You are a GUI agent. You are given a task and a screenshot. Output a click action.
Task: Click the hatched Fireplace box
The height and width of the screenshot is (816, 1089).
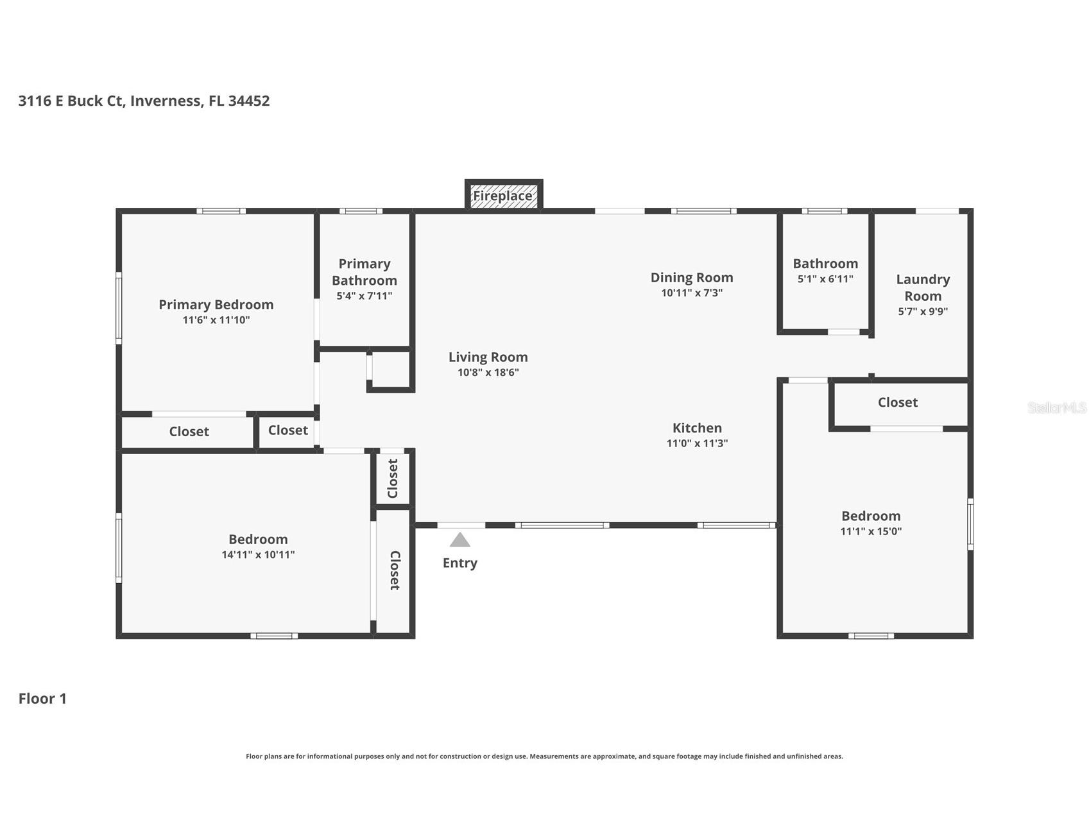pyautogui.click(x=503, y=196)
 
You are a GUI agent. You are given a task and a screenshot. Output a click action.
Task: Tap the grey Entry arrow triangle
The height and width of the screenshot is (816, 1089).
pyautogui.click(x=459, y=540)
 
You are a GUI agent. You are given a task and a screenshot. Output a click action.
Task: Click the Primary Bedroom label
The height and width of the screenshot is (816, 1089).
pyautogui.click(x=216, y=305)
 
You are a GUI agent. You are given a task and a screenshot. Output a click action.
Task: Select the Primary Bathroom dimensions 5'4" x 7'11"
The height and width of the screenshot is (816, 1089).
pyautogui.click(x=364, y=296)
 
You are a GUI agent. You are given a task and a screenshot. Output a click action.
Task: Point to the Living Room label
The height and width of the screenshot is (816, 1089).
pyautogui.click(x=488, y=357)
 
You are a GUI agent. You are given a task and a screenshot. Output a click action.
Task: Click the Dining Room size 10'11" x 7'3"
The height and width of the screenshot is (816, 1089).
pyautogui.click(x=692, y=293)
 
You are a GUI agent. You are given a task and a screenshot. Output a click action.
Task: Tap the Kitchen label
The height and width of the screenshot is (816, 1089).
pyautogui.click(x=697, y=428)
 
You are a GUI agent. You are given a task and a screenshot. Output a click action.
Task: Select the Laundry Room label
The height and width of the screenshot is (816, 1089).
pyautogui.click(x=923, y=287)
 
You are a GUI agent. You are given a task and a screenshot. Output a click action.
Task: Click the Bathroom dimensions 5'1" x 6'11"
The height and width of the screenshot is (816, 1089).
pyautogui.click(x=825, y=279)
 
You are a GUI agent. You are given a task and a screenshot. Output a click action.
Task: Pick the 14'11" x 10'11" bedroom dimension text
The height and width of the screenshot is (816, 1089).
pyautogui.click(x=258, y=555)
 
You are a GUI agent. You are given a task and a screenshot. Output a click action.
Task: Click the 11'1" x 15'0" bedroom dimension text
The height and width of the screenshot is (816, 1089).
pyautogui.click(x=871, y=531)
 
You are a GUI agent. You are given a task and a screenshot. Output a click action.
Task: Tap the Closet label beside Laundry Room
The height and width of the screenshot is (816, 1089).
pyautogui.click(x=897, y=402)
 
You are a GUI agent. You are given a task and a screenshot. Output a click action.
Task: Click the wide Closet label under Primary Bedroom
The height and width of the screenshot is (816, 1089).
pyautogui.click(x=189, y=432)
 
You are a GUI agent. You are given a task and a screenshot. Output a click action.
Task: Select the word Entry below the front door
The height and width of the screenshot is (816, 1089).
pyautogui.click(x=459, y=563)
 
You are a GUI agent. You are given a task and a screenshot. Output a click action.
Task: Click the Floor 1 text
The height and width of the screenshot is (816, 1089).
pyautogui.click(x=42, y=699)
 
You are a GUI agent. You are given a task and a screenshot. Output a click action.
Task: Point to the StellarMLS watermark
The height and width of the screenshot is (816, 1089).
pyautogui.click(x=1056, y=407)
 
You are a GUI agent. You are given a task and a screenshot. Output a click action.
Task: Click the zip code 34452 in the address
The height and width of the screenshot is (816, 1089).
pyautogui.click(x=249, y=101)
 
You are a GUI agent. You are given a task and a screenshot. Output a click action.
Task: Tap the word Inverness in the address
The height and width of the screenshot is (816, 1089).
pyautogui.click(x=165, y=101)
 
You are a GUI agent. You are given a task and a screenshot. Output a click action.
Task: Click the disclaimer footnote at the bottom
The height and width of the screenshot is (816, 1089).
pyautogui.click(x=544, y=756)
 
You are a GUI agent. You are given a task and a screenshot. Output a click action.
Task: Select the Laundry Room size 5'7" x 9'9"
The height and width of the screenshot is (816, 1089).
pyautogui.click(x=923, y=312)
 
